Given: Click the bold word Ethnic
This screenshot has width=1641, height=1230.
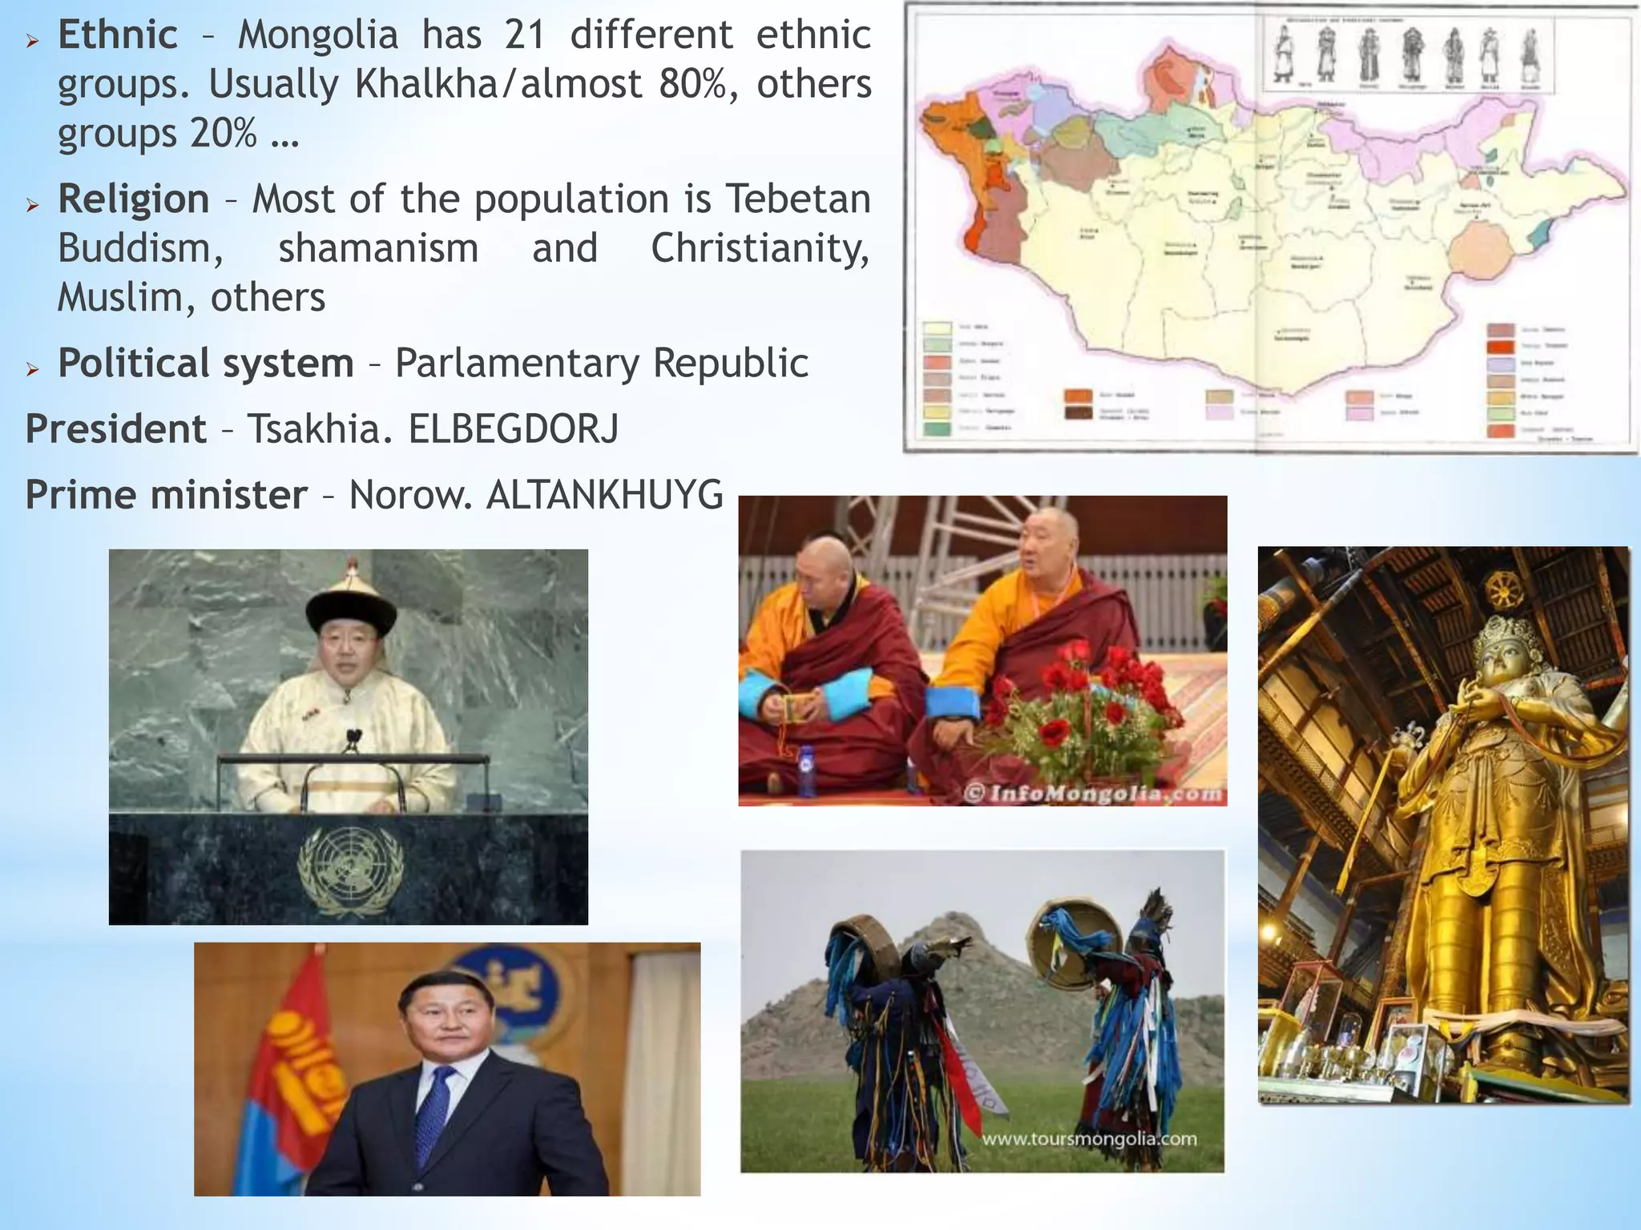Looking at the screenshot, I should click(118, 35).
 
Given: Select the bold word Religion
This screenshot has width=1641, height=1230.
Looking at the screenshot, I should click(134, 199).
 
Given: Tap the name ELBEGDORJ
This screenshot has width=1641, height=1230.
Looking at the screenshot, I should click(514, 429).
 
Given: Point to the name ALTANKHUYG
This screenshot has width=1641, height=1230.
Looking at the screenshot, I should click(605, 495).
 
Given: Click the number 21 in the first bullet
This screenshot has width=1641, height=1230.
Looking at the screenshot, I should click(525, 35).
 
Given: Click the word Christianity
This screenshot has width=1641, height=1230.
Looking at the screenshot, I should click(760, 248).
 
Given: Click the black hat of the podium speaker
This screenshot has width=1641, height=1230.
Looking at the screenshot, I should click(351, 606).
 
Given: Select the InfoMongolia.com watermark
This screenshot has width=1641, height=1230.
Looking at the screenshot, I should click(1094, 794).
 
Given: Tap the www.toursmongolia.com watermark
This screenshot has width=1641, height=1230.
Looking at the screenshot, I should click(1090, 1139).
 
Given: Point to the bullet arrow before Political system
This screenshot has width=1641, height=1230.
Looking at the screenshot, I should click(33, 369).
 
